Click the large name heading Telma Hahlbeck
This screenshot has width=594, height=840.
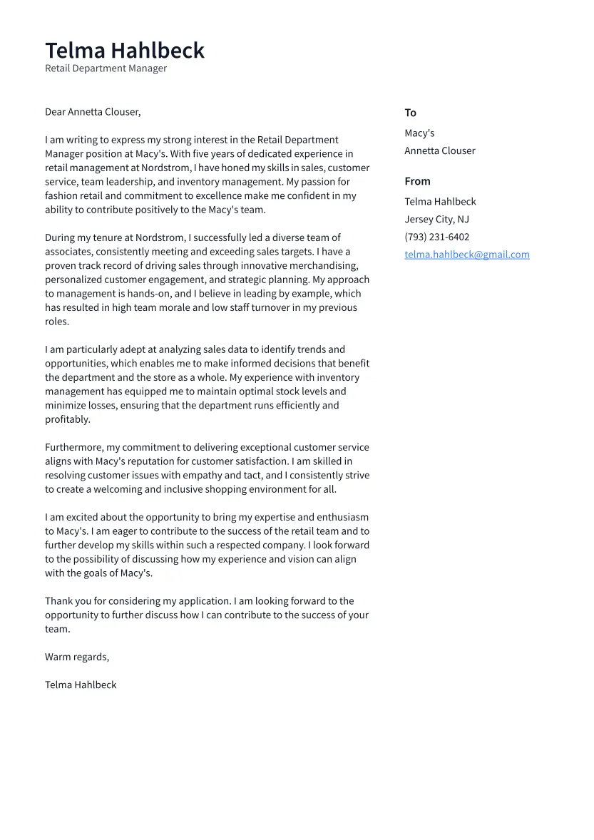(125, 50)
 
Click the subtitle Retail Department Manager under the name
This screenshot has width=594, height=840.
(106, 68)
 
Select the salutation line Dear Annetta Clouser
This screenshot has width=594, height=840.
(93, 112)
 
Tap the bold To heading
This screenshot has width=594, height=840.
(410, 113)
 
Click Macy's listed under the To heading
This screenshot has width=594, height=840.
(419, 133)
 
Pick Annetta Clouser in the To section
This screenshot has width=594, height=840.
(439, 150)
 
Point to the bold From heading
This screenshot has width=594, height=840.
(417, 181)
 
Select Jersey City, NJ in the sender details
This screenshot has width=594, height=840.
(436, 220)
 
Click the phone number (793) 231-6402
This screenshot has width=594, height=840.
(436, 237)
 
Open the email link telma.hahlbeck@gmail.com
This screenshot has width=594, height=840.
(466, 255)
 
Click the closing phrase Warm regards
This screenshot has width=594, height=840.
(76, 657)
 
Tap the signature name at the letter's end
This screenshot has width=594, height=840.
(81, 685)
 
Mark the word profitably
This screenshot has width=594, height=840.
(68, 419)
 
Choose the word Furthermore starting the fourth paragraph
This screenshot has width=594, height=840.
(74, 448)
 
